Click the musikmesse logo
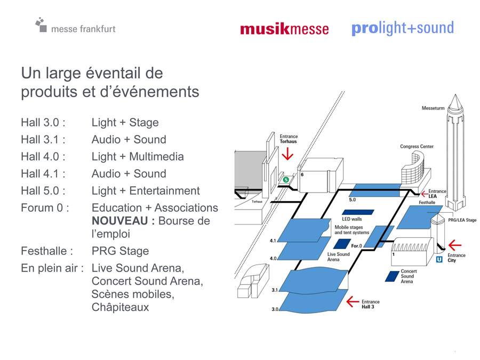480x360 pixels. coord(284,29)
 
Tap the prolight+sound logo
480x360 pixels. coord(403,28)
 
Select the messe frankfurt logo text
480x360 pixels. coord(83,29)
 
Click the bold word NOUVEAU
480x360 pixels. coord(120,221)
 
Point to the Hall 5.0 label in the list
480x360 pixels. coord(43,191)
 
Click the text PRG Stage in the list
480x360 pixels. coord(121,251)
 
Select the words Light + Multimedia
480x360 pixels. coord(138,157)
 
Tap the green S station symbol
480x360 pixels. coord(286,180)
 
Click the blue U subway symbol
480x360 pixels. coord(439,259)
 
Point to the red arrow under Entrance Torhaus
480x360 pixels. coord(287,154)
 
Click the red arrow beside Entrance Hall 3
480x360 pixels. coord(353,302)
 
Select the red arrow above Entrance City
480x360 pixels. coord(455,245)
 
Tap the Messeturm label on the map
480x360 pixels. coord(433,108)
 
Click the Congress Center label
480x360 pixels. coord(417,147)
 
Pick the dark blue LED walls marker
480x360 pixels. coord(358,212)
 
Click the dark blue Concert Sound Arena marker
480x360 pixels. coord(392,276)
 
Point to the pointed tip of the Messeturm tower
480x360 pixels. coord(455,94)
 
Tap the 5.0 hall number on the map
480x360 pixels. coord(353,200)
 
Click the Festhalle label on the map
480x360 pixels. coord(427,202)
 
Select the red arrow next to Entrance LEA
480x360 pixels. coord(425,194)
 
